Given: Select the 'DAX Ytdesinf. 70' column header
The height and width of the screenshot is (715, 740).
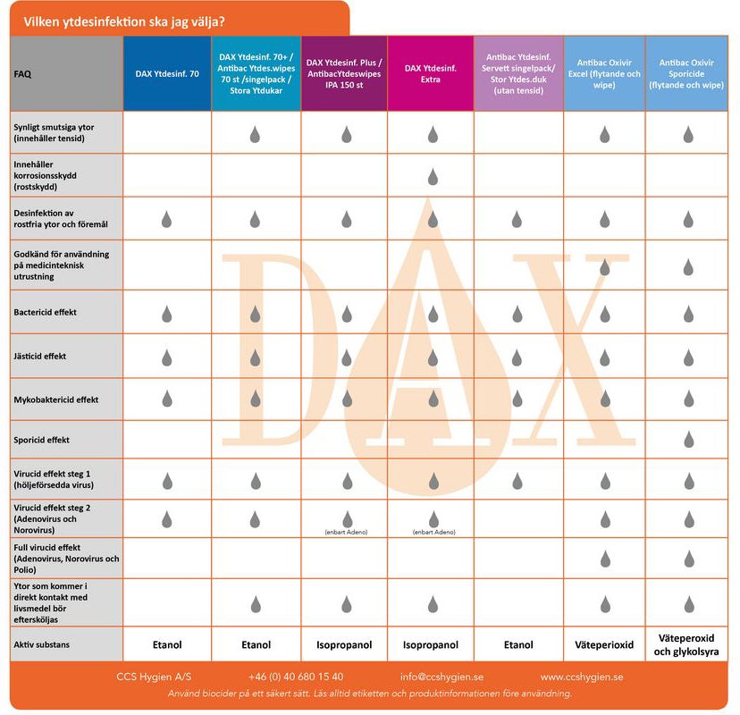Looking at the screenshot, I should coord(167,74).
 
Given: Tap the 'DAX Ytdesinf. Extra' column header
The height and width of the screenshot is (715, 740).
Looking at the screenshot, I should coord(432,73).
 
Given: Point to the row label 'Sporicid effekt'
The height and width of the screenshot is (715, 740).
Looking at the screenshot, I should coord(42,440).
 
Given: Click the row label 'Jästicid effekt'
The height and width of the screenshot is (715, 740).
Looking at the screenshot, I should coord(40,357).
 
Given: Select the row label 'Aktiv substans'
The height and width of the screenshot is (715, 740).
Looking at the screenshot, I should coord(42,644).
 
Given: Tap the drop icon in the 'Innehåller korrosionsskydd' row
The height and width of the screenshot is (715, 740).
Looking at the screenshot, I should coord(433,177).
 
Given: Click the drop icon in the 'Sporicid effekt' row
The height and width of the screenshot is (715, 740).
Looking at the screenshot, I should coord(688,439).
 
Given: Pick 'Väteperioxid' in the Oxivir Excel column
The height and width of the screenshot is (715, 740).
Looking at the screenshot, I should coord(604,644).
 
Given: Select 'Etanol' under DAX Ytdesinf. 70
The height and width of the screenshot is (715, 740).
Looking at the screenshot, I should coord(167,644).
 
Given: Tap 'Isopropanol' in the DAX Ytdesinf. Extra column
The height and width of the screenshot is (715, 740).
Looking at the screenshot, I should coord(432,644).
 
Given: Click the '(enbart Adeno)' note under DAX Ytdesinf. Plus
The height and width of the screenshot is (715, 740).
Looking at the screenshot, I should coord(345,533).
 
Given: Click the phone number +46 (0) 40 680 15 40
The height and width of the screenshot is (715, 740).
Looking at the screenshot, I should coord(296,677).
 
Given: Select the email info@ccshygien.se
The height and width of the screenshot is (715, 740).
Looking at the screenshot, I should coord(441,677).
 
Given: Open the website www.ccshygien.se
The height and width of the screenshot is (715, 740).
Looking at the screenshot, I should coord(581,677).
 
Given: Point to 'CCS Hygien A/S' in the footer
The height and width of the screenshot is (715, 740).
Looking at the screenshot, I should coord(154,677).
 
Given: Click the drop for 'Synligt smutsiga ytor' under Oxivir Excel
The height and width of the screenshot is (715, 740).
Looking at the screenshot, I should coord(604,134).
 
